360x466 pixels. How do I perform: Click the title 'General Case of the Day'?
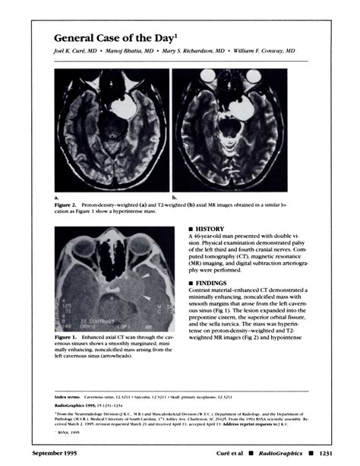[119, 37]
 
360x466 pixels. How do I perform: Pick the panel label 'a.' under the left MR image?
[56, 196]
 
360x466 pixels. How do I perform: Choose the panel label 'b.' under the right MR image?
[175, 196]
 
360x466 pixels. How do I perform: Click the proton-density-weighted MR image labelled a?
[111, 130]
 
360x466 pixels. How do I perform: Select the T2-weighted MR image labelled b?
[230, 130]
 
